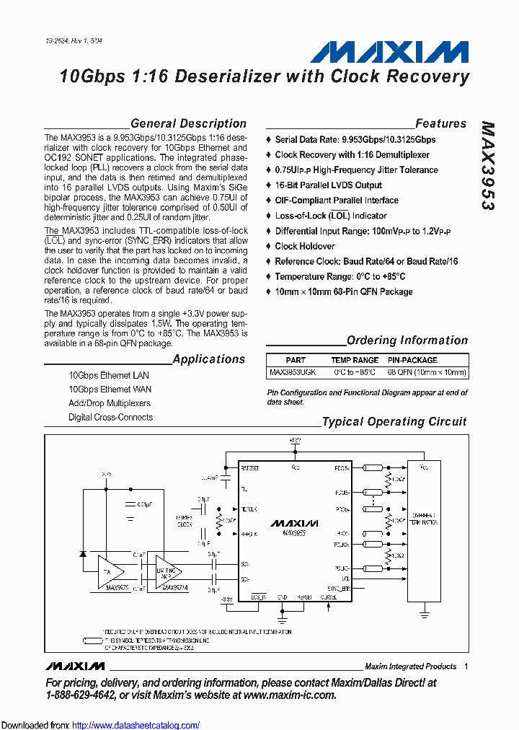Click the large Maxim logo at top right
point(389,52)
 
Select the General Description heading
point(188,123)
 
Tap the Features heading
point(440,123)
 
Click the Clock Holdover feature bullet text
point(305,246)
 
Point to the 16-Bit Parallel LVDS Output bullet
point(328,185)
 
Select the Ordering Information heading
point(407,340)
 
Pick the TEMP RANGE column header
point(355,360)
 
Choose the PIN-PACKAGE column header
point(412,360)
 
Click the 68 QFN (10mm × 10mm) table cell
point(427,373)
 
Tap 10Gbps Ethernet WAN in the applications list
point(110,390)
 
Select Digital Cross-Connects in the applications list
point(110,417)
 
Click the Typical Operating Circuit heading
point(394,422)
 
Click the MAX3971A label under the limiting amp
point(175,588)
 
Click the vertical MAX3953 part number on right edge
point(487,166)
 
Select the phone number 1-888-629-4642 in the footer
point(79,695)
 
